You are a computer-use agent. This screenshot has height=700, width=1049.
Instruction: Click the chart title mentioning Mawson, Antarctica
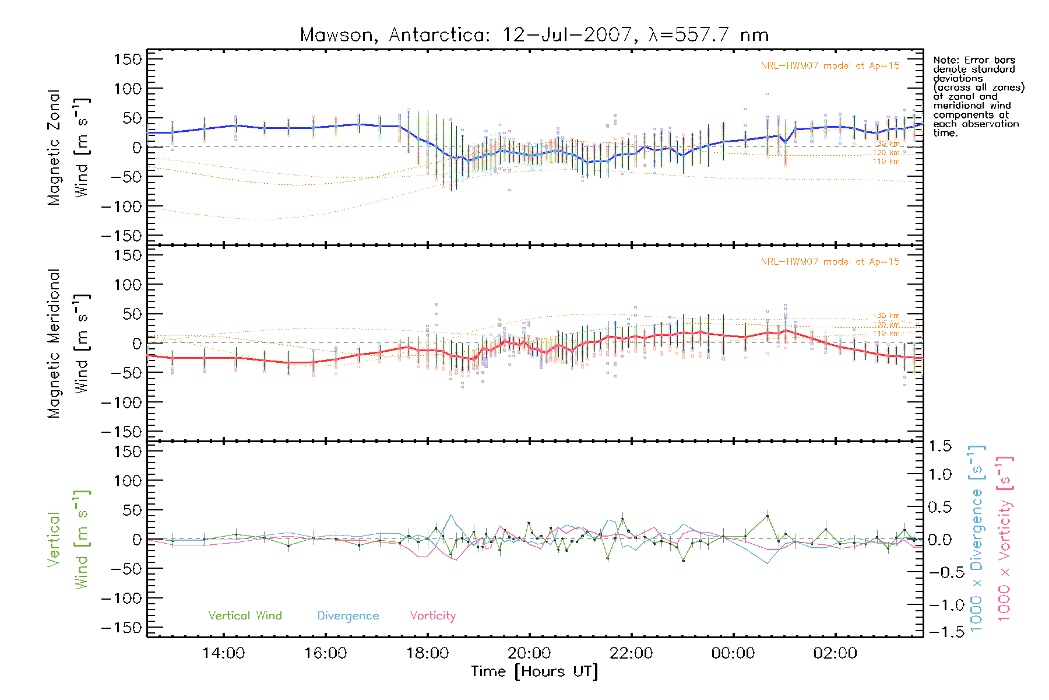(x=534, y=35)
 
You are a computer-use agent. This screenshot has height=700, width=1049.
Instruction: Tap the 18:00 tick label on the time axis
(x=427, y=653)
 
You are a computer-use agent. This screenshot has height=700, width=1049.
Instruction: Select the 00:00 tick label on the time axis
(x=733, y=653)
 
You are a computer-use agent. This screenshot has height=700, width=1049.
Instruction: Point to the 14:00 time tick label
(x=223, y=653)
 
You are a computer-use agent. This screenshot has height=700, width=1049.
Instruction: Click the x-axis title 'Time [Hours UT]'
(x=534, y=671)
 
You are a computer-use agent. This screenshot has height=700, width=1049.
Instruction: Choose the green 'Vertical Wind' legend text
(x=245, y=616)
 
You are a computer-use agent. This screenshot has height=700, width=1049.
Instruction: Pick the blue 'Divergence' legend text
(x=348, y=616)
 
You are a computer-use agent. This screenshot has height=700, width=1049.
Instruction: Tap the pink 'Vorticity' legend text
(x=432, y=616)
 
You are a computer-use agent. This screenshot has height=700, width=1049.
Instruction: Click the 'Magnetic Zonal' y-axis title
(x=54, y=148)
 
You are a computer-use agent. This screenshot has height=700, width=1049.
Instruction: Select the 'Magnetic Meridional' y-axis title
(x=54, y=344)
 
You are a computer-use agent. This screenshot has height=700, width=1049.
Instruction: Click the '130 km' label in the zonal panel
(x=886, y=143)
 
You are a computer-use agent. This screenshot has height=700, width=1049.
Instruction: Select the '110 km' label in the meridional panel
(x=886, y=334)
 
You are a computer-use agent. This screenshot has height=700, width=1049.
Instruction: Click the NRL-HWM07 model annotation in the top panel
(x=830, y=66)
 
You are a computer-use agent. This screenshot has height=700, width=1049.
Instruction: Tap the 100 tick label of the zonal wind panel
(x=128, y=89)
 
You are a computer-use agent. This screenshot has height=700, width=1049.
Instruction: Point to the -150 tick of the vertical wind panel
(x=121, y=628)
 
